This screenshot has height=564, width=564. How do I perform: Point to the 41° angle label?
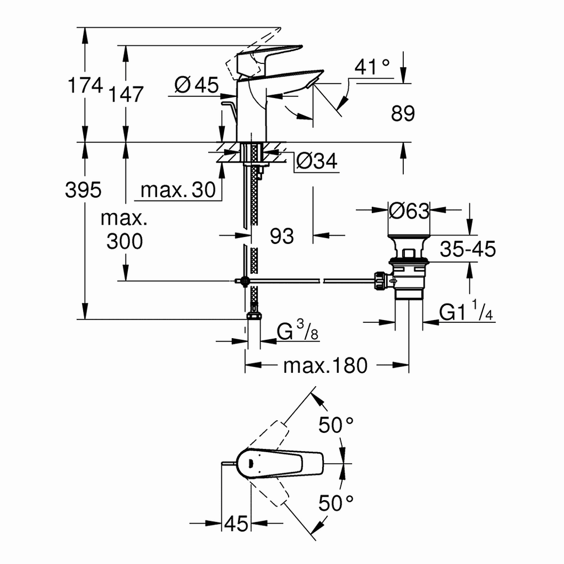pyautogui.click(x=372, y=67)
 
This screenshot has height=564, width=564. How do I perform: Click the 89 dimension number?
pyautogui.click(x=403, y=114)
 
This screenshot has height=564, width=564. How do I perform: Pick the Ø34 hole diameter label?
pyautogui.click(x=316, y=161)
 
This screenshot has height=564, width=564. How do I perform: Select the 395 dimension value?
pyautogui.click(x=83, y=190)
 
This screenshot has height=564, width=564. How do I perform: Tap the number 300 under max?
pyautogui.click(x=124, y=241)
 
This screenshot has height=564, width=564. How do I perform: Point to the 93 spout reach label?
pyautogui.click(x=282, y=236)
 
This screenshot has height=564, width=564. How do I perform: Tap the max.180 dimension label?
pyautogui.click(x=325, y=365)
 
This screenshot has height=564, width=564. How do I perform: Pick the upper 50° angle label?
pyautogui.click(x=336, y=425)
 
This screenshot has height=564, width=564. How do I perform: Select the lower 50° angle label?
pyautogui.click(x=336, y=503)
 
